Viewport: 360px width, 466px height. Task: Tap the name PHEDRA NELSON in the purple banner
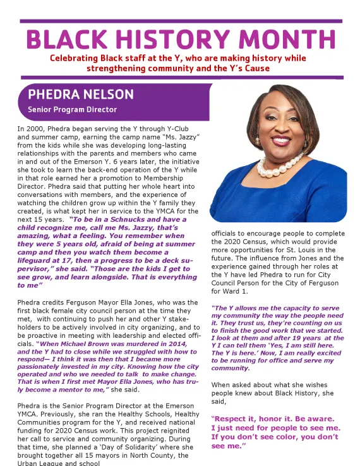tap(81, 95)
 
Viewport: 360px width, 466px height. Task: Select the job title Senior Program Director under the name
tap(73, 110)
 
